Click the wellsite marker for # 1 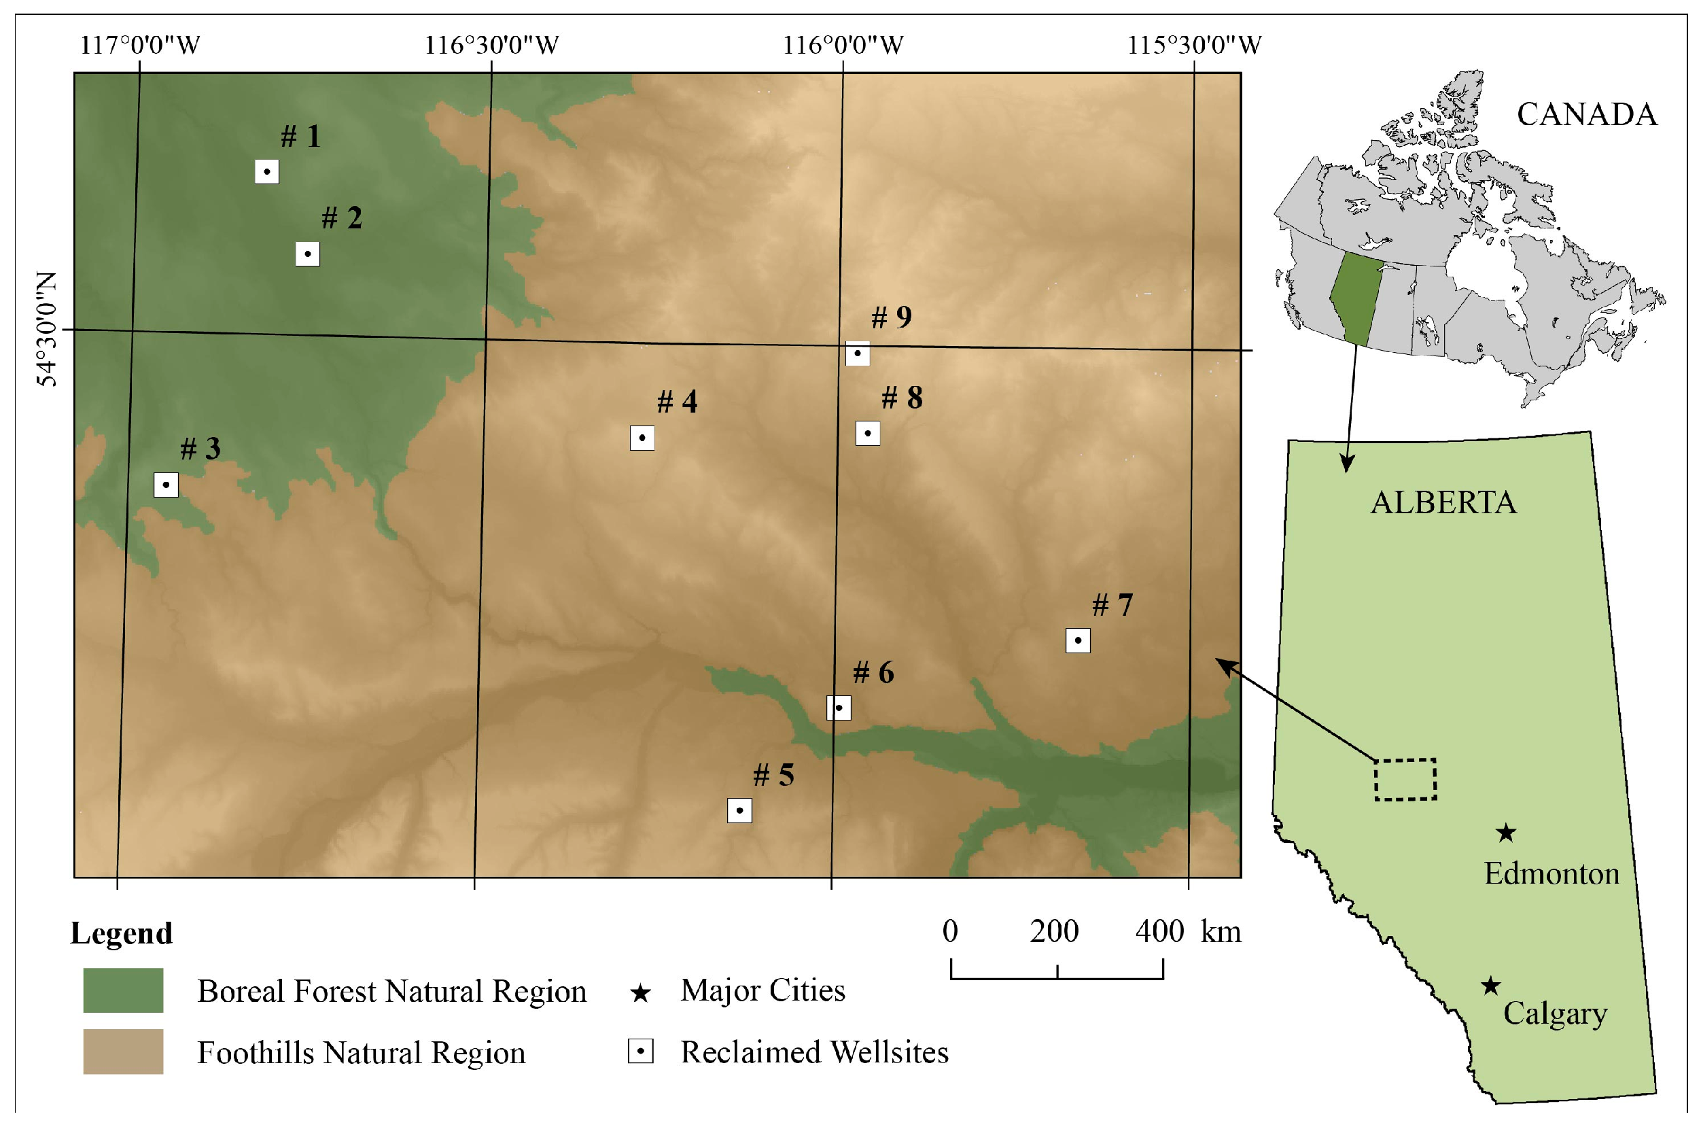click(266, 172)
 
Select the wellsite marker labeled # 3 click(166, 485)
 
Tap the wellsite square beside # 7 click(1077, 640)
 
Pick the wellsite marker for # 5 click(739, 811)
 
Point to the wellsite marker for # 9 click(858, 353)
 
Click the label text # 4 click(677, 402)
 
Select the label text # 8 click(902, 398)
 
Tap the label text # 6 click(873, 673)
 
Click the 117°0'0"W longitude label click(139, 46)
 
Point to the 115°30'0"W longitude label click(1193, 46)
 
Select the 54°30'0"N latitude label click(47, 329)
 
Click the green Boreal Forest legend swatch click(123, 990)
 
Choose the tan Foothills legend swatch click(123, 1052)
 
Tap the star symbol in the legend click(640, 993)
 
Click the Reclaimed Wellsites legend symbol click(640, 1052)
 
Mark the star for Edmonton click(1506, 833)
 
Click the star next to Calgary click(1490, 986)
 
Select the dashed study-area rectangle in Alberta click(1405, 779)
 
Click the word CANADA click(1587, 114)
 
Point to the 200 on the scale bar click(1054, 931)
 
